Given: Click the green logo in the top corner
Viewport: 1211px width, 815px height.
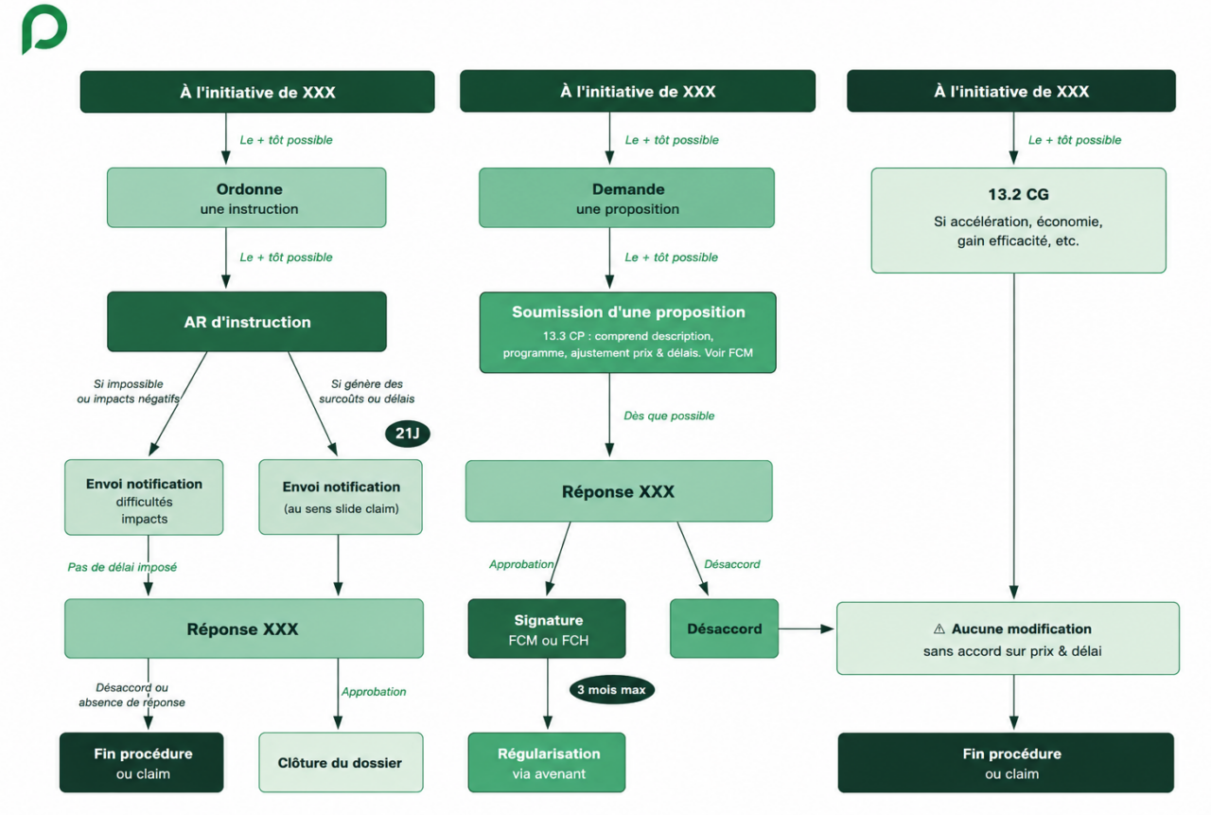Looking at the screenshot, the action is pyautogui.click(x=44, y=28).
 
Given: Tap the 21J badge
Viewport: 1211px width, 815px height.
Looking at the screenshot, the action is pyautogui.click(x=408, y=434).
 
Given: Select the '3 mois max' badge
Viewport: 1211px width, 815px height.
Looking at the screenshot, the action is pyautogui.click(x=611, y=689).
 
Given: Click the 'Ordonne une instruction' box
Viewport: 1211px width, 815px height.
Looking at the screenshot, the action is pyautogui.click(x=247, y=198).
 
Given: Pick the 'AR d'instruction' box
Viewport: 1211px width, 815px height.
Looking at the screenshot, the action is pyautogui.click(x=247, y=322).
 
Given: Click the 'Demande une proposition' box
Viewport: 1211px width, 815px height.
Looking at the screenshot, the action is pyautogui.click(x=626, y=198).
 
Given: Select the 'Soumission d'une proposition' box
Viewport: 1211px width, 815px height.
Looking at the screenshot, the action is pyautogui.click(x=627, y=332).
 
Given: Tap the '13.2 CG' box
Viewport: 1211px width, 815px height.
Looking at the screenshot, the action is pyautogui.click(x=1019, y=221).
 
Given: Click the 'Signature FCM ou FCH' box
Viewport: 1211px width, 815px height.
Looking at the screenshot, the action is pyautogui.click(x=547, y=629).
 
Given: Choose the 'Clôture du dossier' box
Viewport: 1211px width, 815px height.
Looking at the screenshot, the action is pyautogui.click(x=341, y=763).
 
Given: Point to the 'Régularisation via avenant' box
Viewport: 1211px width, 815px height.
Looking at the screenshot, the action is pyautogui.click(x=547, y=763).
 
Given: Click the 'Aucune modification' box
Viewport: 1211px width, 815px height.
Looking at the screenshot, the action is pyautogui.click(x=1009, y=638).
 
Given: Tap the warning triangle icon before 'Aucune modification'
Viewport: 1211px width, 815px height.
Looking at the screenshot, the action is pyautogui.click(x=939, y=629).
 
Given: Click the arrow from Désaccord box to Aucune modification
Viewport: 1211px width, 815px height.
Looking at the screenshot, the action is pyautogui.click(x=806, y=629).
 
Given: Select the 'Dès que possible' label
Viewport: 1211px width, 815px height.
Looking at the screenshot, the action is pyautogui.click(x=669, y=416).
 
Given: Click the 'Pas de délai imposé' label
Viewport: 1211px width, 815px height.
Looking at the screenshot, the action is pyautogui.click(x=122, y=567).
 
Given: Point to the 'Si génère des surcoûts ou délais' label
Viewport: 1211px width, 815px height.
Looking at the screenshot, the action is pyautogui.click(x=366, y=391).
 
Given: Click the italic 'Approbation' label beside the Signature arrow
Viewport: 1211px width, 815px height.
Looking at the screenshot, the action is pyautogui.click(x=521, y=564).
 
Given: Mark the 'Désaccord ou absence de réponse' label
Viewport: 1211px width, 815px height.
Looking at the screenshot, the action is pyautogui.click(x=132, y=695).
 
